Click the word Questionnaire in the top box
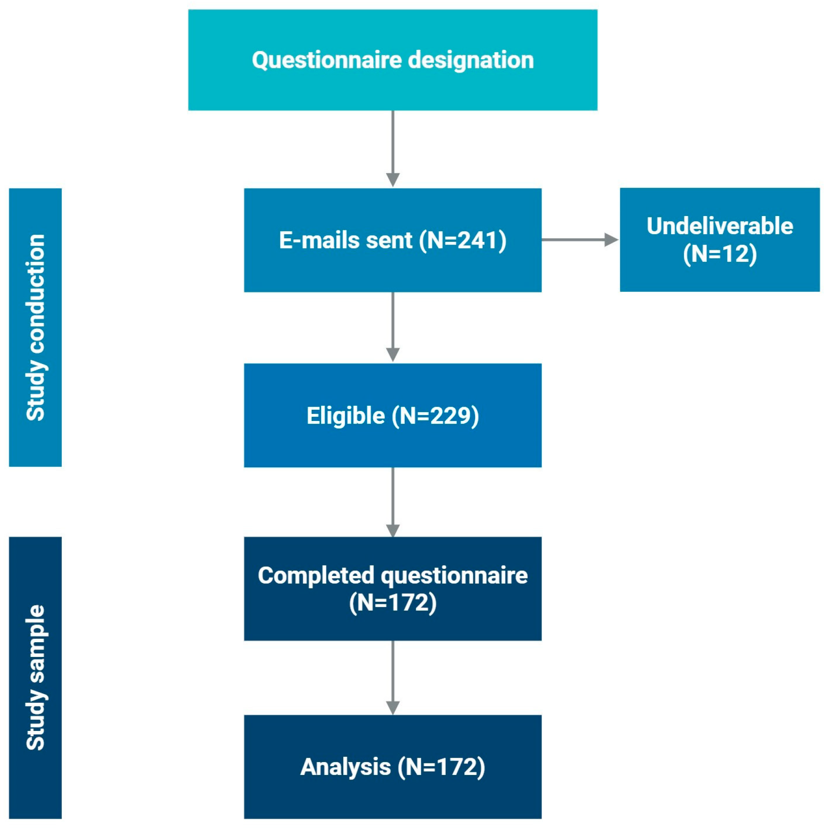click(327, 60)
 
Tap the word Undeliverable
click(719, 226)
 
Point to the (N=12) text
click(719, 254)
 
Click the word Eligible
click(345, 416)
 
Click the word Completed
click(315, 575)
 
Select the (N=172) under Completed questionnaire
click(392, 603)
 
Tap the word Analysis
click(345, 767)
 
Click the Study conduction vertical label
click(35, 327)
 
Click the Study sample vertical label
click(35, 678)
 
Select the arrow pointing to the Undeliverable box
click(580, 240)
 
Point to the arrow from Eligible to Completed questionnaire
click(392, 502)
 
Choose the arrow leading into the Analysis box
click(392, 677)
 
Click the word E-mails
click(319, 241)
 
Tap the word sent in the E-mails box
click(389, 241)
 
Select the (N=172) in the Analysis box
click(441, 767)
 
